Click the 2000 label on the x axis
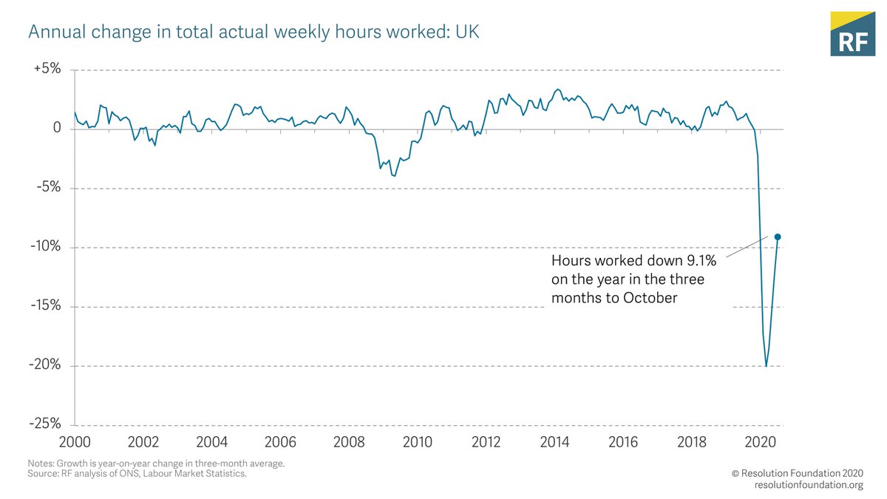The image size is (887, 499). [x=75, y=442]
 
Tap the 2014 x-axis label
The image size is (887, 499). [x=554, y=442]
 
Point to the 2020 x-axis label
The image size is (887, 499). [x=760, y=442]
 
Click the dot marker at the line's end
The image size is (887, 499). [x=778, y=237]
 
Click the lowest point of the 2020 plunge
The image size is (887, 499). [x=766, y=366]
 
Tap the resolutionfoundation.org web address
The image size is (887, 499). [x=809, y=485]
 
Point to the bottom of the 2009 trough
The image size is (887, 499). [x=395, y=176]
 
